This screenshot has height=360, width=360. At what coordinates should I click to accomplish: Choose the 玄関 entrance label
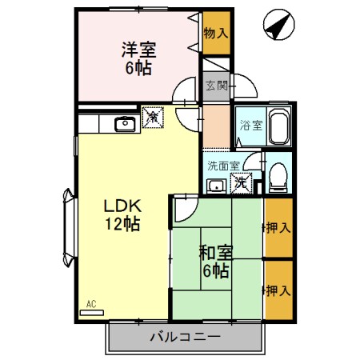[215, 86]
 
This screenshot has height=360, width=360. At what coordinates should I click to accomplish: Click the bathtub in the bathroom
[278, 126]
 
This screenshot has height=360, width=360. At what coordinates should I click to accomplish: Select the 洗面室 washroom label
[223, 166]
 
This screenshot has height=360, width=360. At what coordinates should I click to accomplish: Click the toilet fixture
[277, 178]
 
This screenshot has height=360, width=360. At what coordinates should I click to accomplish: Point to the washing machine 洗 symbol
[241, 183]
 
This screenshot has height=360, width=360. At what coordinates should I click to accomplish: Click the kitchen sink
[125, 123]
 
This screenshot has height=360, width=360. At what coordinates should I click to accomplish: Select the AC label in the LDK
[92, 305]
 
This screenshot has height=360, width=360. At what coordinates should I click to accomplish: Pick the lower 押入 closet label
[279, 290]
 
